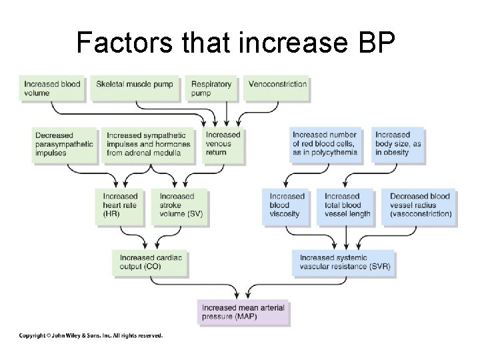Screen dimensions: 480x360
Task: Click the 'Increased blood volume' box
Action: click(53, 89)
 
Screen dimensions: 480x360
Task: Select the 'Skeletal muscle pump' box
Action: click(135, 89)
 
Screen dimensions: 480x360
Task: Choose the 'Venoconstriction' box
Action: click(277, 89)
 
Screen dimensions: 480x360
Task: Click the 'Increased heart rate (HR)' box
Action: click(122, 205)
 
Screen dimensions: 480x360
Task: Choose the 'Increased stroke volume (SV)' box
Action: click(179, 205)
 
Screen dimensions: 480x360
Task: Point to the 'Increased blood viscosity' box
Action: click(290, 205)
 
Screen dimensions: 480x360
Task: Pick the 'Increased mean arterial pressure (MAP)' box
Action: click(245, 312)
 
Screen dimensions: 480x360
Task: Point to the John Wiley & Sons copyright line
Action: click(91, 335)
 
